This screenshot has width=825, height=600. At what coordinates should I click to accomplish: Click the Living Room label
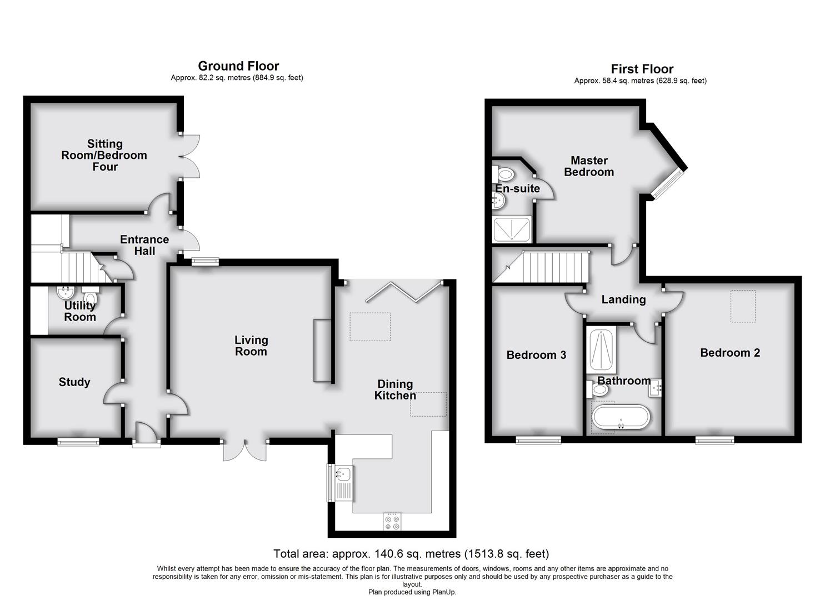point(251,346)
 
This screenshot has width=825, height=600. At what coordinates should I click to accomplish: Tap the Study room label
point(74,382)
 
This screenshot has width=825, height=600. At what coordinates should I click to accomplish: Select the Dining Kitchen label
point(395,390)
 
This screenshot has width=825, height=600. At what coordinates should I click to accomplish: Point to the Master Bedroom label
point(589,166)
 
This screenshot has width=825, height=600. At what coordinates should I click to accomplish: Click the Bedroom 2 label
point(730,353)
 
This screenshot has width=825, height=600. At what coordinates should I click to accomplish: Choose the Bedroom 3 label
point(536,355)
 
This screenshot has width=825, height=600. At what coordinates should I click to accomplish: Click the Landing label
point(623,300)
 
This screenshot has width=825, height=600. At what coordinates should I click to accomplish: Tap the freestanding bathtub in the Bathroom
point(621,417)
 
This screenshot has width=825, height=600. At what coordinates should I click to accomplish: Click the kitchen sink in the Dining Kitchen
point(342,474)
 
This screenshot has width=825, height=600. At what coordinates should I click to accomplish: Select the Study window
point(78,442)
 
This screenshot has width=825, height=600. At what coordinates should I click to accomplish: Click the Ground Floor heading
point(238,67)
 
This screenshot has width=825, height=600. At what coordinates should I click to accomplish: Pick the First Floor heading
point(642,69)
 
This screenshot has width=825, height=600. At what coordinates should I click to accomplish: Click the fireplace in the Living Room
point(322,351)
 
